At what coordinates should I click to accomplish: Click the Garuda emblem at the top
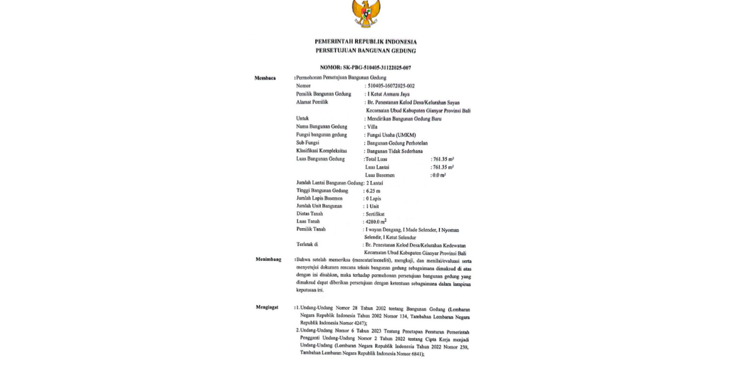click(x=365, y=13)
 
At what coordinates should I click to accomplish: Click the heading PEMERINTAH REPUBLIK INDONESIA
click(x=365, y=42)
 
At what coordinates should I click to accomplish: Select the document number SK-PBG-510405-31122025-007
click(x=365, y=68)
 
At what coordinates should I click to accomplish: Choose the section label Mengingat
click(x=268, y=307)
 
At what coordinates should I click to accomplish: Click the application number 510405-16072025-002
click(x=391, y=86)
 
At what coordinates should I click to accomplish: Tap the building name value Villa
click(x=371, y=126)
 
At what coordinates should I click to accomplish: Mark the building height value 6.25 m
click(x=374, y=191)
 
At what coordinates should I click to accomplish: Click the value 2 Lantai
click(x=375, y=183)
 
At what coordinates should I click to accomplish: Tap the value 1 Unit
click(x=372, y=207)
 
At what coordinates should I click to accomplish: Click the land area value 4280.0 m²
click(x=376, y=222)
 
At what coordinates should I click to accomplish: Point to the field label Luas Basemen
click(x=380, y=175)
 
